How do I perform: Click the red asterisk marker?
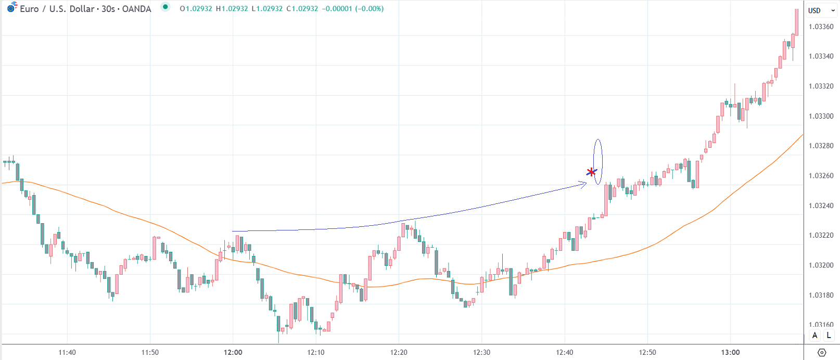[591, 172]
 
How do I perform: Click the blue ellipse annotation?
[598, 161]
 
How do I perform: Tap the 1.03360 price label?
[821, 27]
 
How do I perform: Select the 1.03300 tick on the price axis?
[821, 116]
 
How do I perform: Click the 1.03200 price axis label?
[821, 265]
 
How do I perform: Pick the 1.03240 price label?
[821, 205]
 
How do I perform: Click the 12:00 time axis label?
[233, 352]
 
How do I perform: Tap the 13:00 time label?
[730, 352]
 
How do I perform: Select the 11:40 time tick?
[67, 352]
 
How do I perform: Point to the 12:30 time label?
[481, 352]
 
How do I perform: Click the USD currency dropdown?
[821, 10]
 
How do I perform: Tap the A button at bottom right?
[814, 336]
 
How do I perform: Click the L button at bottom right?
[829, 336]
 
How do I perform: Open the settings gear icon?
[822, 353]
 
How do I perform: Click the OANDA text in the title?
[136, 9]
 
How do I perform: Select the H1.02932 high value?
[232, 9]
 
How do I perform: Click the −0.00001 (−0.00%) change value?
[352, 9]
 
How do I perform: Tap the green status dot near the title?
[165, 7]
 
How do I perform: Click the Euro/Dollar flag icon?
[11, 8]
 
